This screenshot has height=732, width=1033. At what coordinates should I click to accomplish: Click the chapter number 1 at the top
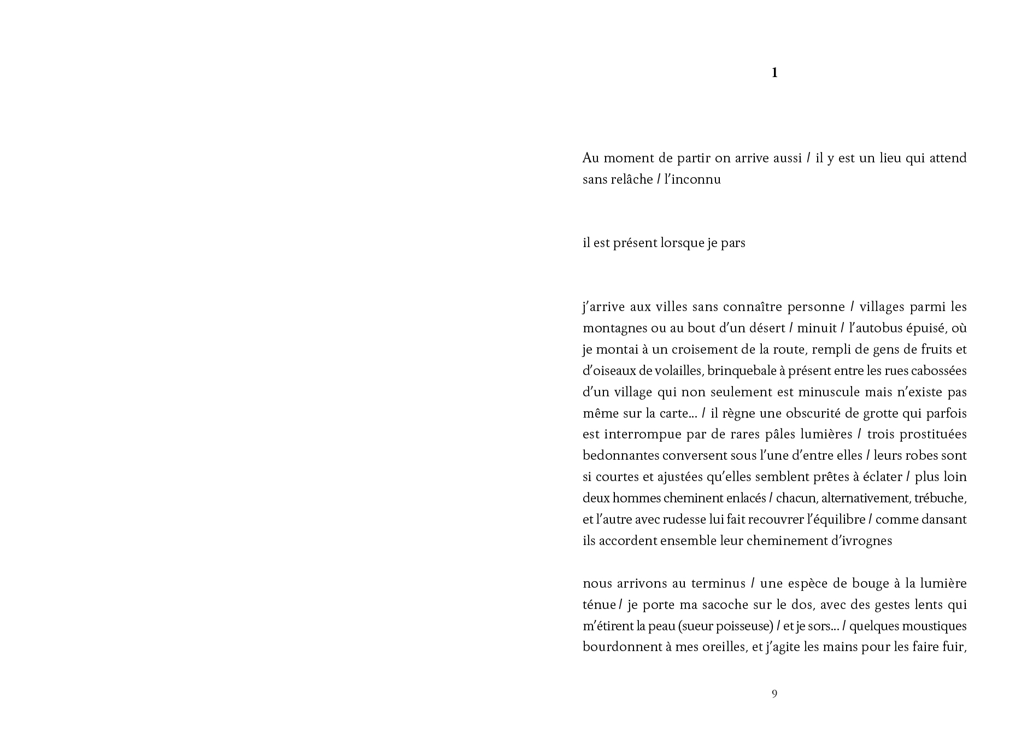coord(774,73)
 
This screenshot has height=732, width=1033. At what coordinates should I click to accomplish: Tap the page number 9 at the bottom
coord(774,694)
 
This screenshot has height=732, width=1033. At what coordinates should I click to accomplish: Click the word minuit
coord(817,328)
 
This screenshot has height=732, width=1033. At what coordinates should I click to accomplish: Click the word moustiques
coord(934,626)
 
